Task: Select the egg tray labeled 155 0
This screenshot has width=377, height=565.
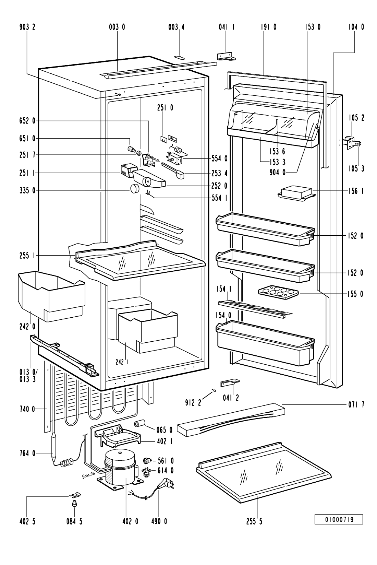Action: [x=278, y=292]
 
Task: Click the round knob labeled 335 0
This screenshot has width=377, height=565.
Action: [x=135, y=189]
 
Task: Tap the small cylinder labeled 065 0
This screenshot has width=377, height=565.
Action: [x=140, y=423]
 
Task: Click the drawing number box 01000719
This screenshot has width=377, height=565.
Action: [x=339, y=519]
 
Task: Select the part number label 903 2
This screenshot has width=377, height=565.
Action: [x=27, y=27]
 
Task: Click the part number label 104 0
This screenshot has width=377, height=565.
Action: [x=356, y=27]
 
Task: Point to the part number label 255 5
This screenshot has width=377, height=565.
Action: [x=254, y=521]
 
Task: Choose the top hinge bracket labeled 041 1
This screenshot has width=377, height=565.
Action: [x=227, y=57]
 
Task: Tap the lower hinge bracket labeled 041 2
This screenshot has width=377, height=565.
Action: [x=230, y=382]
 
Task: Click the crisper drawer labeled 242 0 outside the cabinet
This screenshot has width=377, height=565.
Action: [x=51, y=296]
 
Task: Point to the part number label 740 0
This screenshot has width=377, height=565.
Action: [x=27, y=409]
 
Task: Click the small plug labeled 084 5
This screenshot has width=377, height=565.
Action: [x=74, y=504]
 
